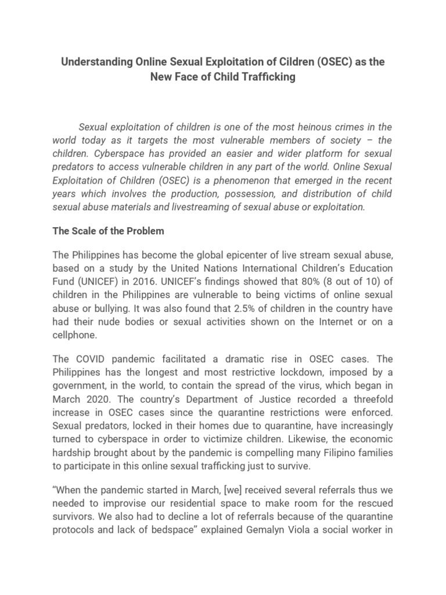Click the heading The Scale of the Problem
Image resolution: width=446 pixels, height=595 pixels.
click(109, 231)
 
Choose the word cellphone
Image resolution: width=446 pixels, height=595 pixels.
click(74, 334)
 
